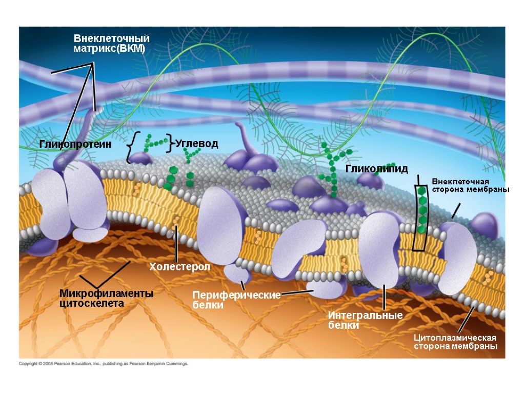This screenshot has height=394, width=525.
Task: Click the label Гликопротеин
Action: click(x=75, y=144)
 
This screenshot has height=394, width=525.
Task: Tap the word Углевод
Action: click(x=197, y=144)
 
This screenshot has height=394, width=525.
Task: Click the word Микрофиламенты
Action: click(x=106, y=293)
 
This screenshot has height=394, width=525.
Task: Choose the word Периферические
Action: click(x=236, y=295)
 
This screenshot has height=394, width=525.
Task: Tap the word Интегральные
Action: click(x=365, y=316)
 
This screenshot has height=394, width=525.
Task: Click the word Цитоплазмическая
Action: click(x=455, y=338)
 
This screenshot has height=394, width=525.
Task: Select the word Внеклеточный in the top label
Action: click(x=111, y=38)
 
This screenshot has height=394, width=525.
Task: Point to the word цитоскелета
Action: click(x=92, y=303)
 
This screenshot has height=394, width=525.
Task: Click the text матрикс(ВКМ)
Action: click(x=109, y=49)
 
